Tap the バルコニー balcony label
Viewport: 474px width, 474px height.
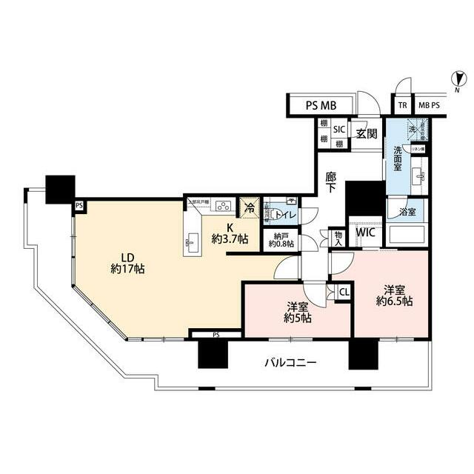291,363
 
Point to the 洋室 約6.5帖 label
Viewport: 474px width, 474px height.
393,295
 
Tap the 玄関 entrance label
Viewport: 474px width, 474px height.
366,134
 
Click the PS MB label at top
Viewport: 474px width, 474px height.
321,106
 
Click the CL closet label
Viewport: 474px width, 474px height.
344,292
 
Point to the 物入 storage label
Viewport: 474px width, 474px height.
338,237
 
